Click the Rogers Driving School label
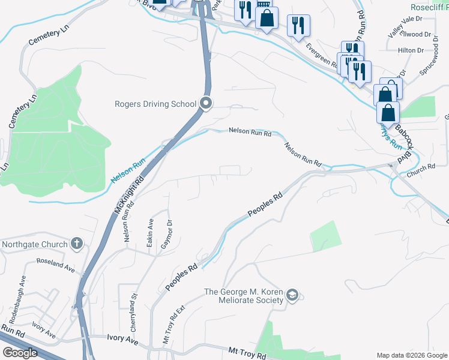pos(155,104)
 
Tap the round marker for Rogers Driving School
pos(206,104)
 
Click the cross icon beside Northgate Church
pos(76,244)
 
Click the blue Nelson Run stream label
pos(128,170)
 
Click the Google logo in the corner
pos(20,353)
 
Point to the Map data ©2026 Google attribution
pos(411,355)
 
